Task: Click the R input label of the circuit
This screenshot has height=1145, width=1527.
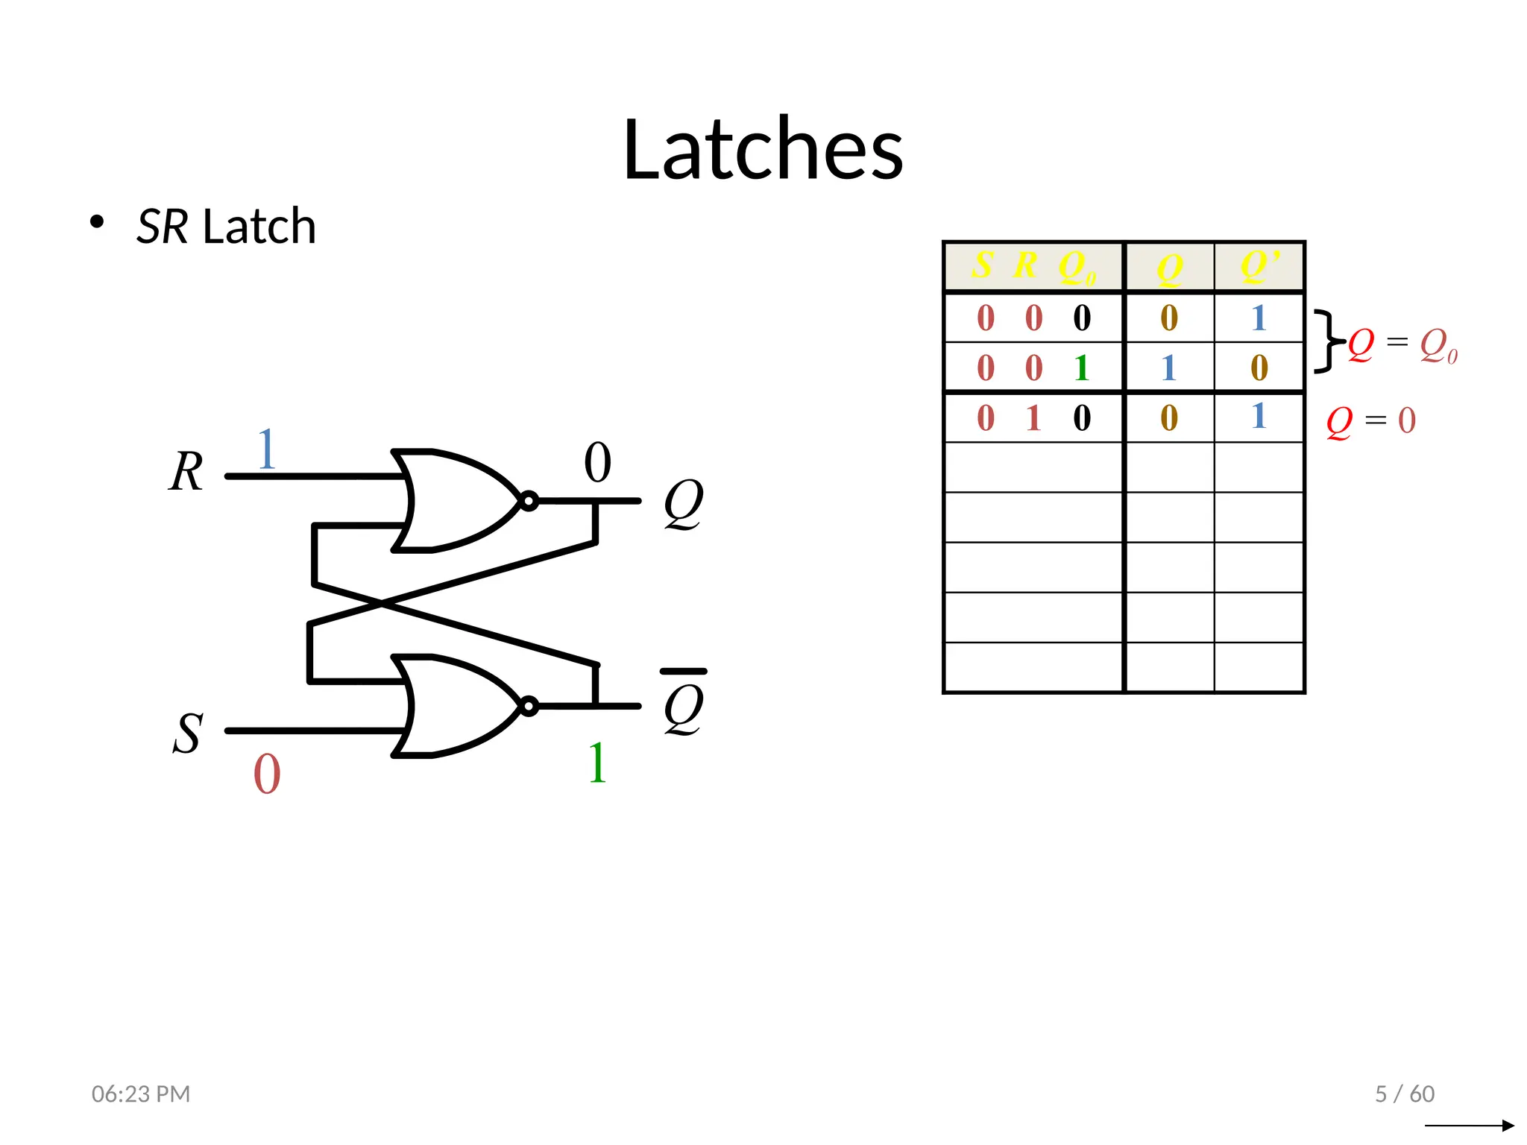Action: coord(186,472)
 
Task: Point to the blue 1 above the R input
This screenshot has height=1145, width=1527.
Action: coord(266,449)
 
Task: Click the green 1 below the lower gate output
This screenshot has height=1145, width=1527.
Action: coord(597,763)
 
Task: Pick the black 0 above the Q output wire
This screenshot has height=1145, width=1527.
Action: coord(597,463)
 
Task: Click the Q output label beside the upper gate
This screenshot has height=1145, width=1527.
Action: coord(683,503)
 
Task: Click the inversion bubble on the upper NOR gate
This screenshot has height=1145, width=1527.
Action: coord(529,501)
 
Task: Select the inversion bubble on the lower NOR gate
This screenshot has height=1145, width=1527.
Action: coord(529,706)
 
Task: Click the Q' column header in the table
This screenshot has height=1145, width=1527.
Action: coord(1259,266)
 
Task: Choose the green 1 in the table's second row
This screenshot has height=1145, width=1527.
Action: coord(1082,368)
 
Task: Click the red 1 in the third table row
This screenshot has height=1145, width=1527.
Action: coord(1033,418)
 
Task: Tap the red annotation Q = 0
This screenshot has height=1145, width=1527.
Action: coord(1370,421)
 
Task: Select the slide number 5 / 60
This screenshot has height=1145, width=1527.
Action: coord(1405,1094)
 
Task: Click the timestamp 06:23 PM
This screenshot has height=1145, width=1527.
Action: coord(141,1094)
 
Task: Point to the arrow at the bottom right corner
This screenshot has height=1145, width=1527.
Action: coord(1470,1125)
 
